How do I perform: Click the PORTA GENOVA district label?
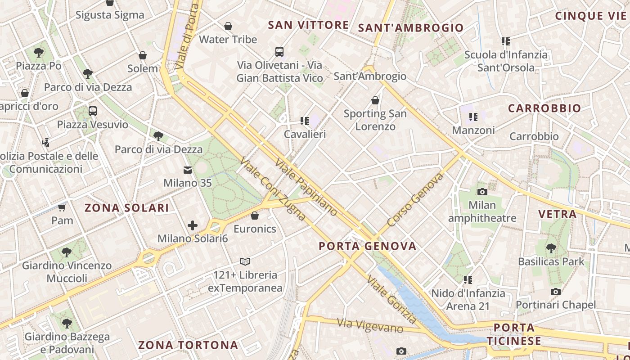pyautogui.click(x=368, y=246)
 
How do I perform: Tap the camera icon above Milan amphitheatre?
pyautogui.click(x=482, y=192)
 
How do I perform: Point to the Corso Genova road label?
pyautogui.click(x=415, y=200)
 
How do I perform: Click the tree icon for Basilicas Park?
pyautogui.click(x=551, y=248)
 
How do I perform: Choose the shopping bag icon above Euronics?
pyautogui.click(x=255, y=216)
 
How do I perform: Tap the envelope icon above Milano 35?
pyautogui.click(x=187, y=170)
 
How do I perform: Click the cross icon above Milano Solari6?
pyautogui.click(x=193, y=225)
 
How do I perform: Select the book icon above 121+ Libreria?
pyautogui.click(x=245, y=261)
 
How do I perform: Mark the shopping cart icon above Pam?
pyautogui.click(x=62, y=207)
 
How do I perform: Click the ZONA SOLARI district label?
pyautogui.click(x=127, y=208)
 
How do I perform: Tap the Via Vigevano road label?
pyautogui.click(x=370, y=325)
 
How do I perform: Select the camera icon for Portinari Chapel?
pyautogui.click(x=556, y=292)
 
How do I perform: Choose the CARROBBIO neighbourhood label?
pyautogui.click(x=544, y=108)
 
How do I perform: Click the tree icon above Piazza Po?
pyautogui.click(x=39, y=53)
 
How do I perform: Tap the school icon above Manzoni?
pyautogui.click(x=473, y=117)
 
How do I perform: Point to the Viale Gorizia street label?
pyautogui.click(x=391, y=299)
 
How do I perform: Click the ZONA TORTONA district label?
pyautogui.click(x=188, y=345)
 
